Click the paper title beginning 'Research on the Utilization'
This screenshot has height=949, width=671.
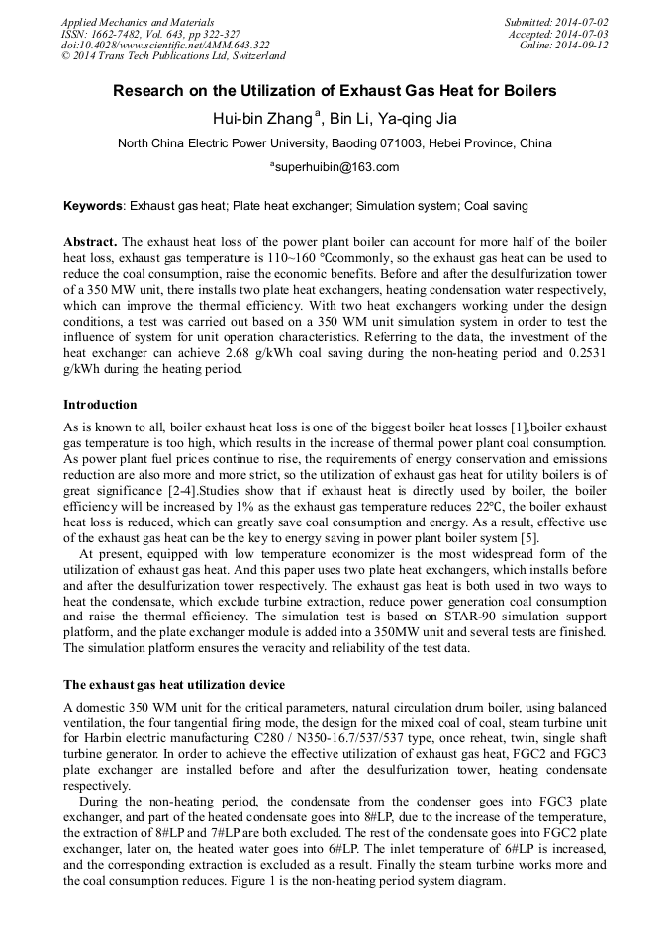pos(335,91)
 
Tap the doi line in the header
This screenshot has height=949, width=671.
pos(165,46)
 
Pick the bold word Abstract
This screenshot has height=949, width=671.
pos(90,242)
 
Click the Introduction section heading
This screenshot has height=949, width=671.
pos(100,405)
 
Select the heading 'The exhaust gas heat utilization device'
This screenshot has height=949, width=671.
pos(174,685)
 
